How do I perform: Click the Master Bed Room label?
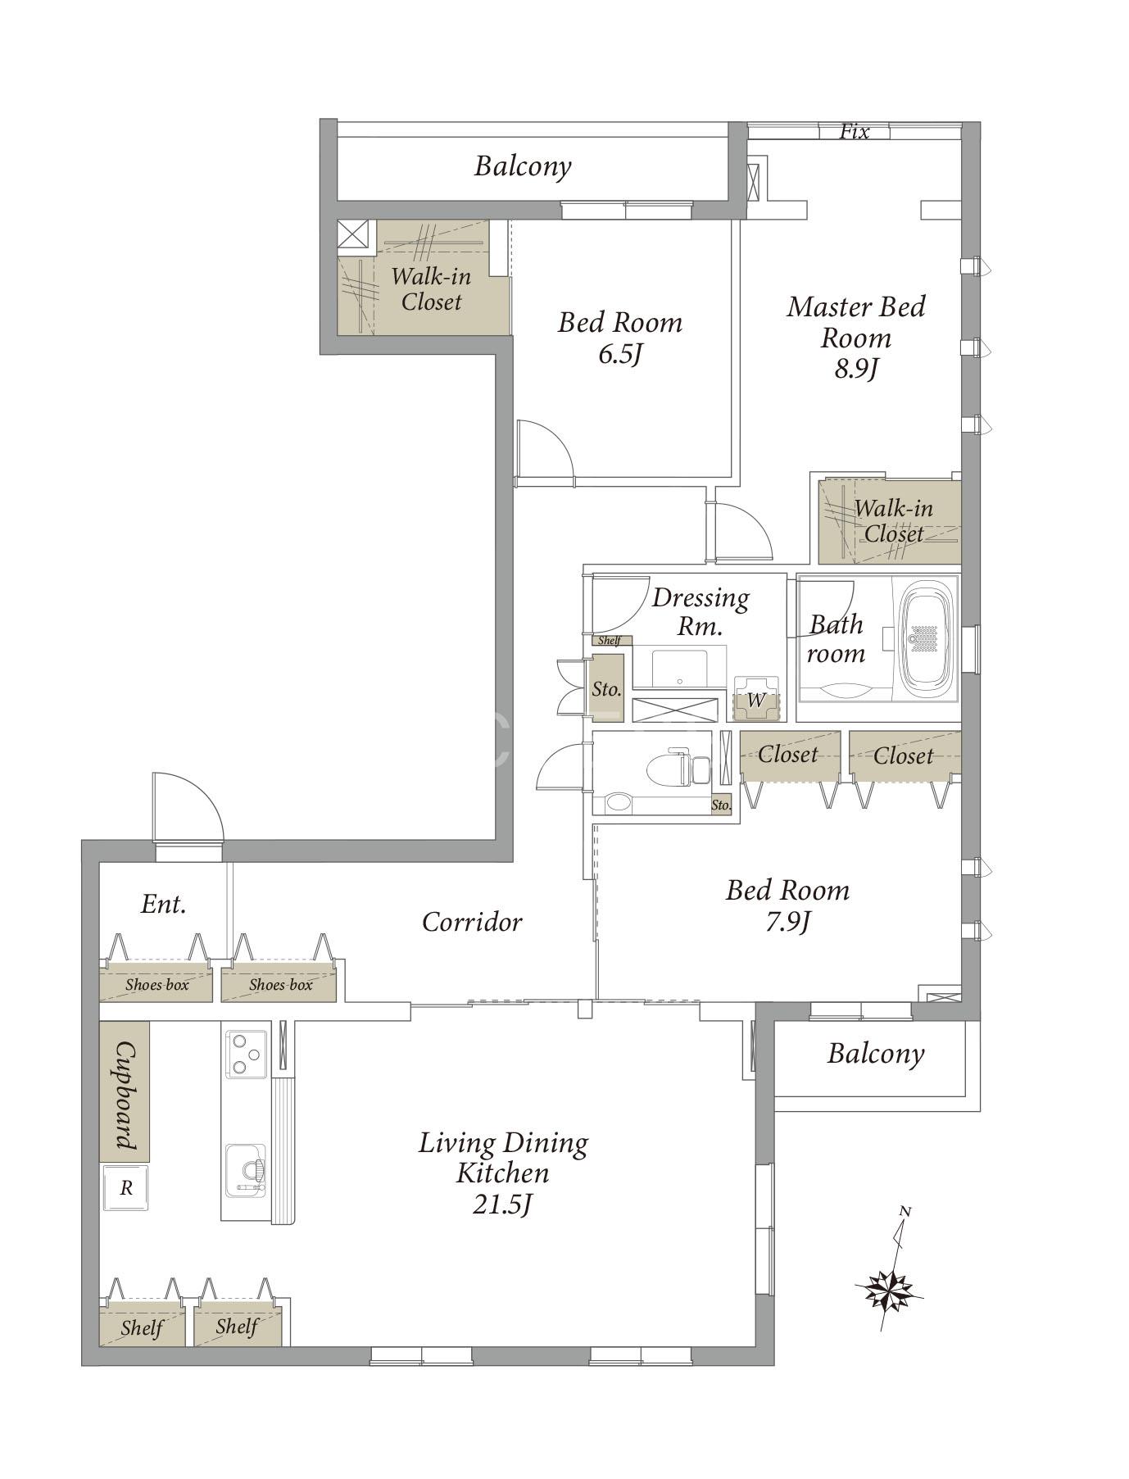click(856, 322)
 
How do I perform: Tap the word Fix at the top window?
click(854, 131)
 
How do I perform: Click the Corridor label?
click(472, 922)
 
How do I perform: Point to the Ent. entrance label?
click(164, 904)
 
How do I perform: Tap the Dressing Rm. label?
click(701, 612)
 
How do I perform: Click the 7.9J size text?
click(787, 923)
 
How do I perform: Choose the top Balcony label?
click(523, 166)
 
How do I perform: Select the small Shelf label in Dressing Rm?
click(609, 641)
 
